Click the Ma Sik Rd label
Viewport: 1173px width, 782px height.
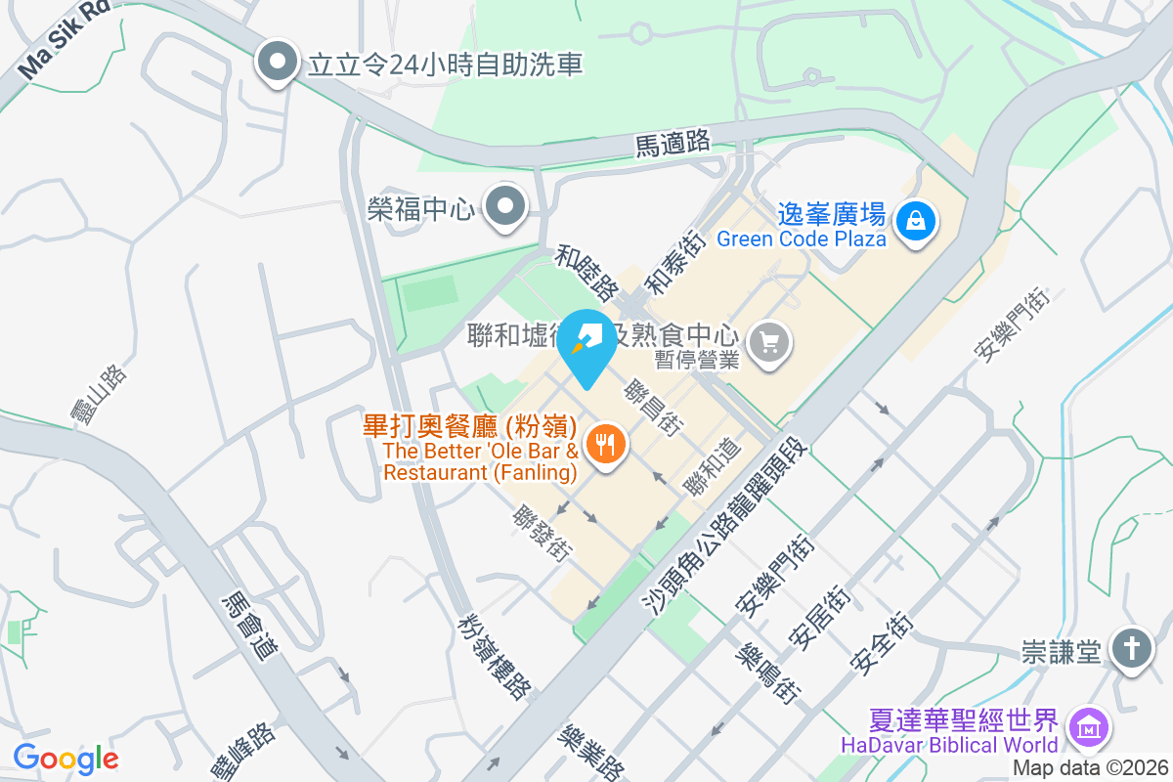click(65, 38)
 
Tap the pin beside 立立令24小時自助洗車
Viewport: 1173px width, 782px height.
click(278, 63)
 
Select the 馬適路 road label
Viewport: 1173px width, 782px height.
click(673, 144)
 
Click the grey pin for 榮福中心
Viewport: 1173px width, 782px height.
click(506, 207)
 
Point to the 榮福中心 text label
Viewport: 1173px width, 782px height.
click(420, 209)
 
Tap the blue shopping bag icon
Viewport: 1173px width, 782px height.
click(916, 220)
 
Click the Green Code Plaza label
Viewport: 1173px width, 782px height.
click(802, 239)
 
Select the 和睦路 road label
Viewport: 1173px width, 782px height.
click(587, 274)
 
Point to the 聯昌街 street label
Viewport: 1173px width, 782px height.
click(654, 407)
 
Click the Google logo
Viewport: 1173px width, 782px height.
click(65, 759)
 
